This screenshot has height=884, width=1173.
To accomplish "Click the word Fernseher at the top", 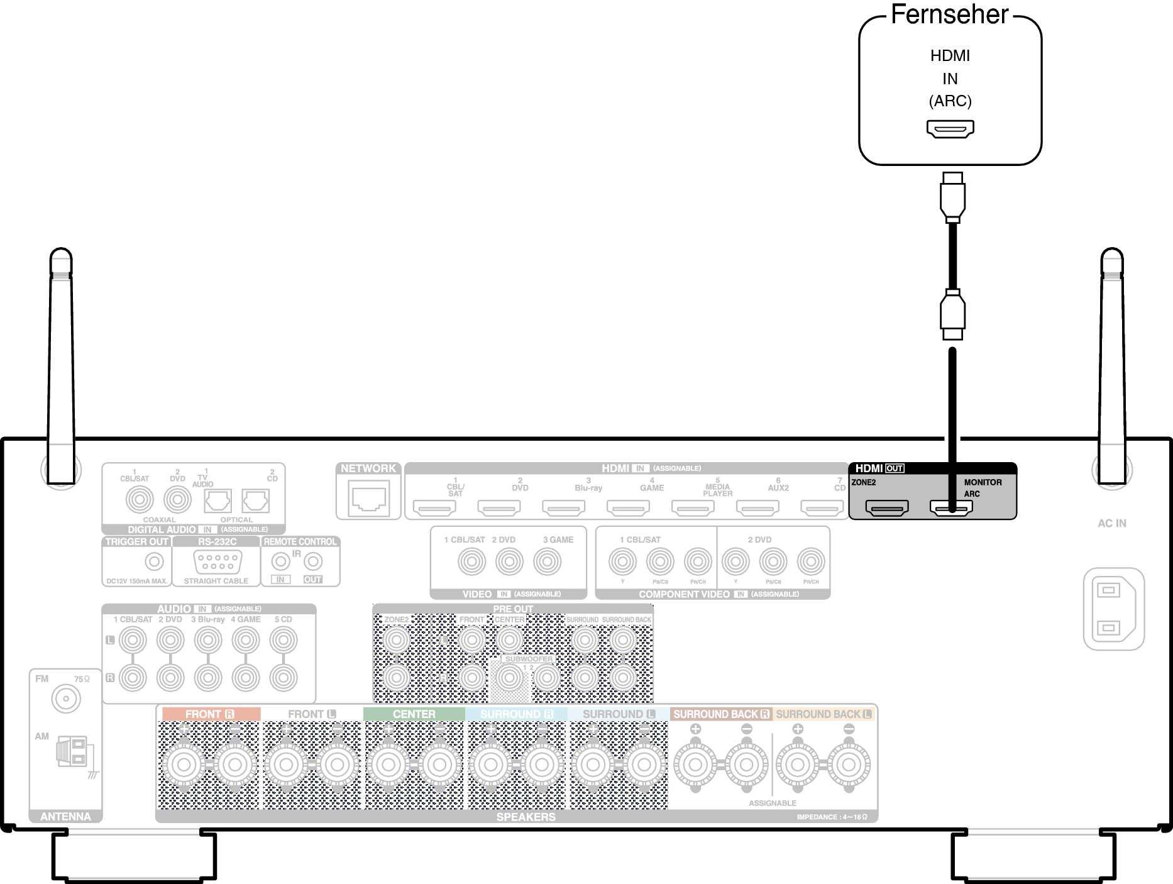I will (949, 14).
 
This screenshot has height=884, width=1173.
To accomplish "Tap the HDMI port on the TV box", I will (950, 129).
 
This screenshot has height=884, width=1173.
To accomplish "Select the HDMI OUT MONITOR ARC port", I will (951, 507).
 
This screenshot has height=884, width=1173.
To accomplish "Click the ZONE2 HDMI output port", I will (886, 507).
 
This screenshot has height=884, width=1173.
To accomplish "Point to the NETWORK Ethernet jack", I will (368, 499).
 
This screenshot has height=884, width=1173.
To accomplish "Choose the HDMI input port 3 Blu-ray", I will (563, 507).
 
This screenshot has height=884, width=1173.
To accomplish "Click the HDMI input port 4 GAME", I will (628, 507).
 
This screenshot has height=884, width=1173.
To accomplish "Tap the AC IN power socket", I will (1113, 608).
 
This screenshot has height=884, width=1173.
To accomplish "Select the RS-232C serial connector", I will (218, 561).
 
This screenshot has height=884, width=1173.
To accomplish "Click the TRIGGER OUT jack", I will (154, 561).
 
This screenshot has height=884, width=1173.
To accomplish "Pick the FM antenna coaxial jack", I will (66, 699).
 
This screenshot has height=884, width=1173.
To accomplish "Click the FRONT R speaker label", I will (211, 714).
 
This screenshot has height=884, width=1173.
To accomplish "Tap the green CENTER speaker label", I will (414, 714).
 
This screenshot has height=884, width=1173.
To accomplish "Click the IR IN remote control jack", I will (280, 561).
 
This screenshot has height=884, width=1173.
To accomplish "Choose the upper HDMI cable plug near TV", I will (952, 197).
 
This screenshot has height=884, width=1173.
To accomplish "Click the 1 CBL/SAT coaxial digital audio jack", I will (140, 500).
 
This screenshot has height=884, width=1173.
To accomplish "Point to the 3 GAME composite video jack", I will (547, 561).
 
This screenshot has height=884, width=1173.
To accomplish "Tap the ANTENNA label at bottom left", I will (65, 816).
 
